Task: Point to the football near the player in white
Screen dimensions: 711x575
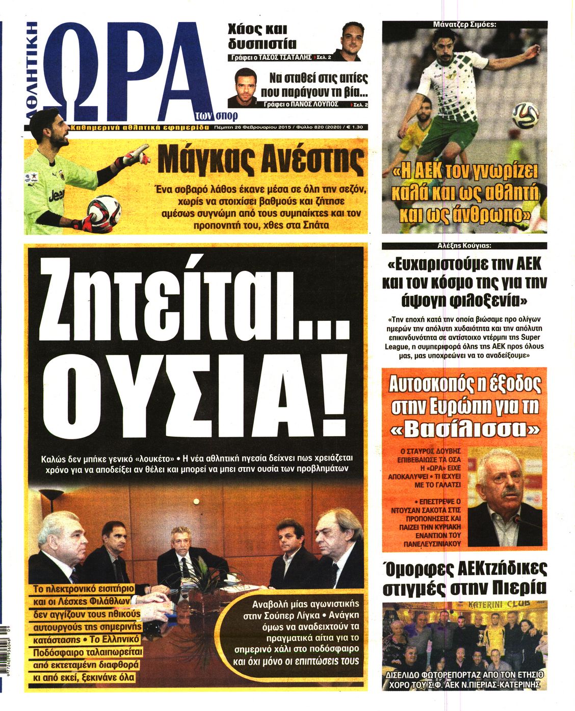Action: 525,115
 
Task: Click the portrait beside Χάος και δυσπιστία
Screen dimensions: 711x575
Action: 351,41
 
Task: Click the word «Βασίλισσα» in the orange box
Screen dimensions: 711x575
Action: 464,429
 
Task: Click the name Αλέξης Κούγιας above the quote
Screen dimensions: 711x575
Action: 464,245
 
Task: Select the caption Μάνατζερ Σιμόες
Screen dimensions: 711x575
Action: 464,24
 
